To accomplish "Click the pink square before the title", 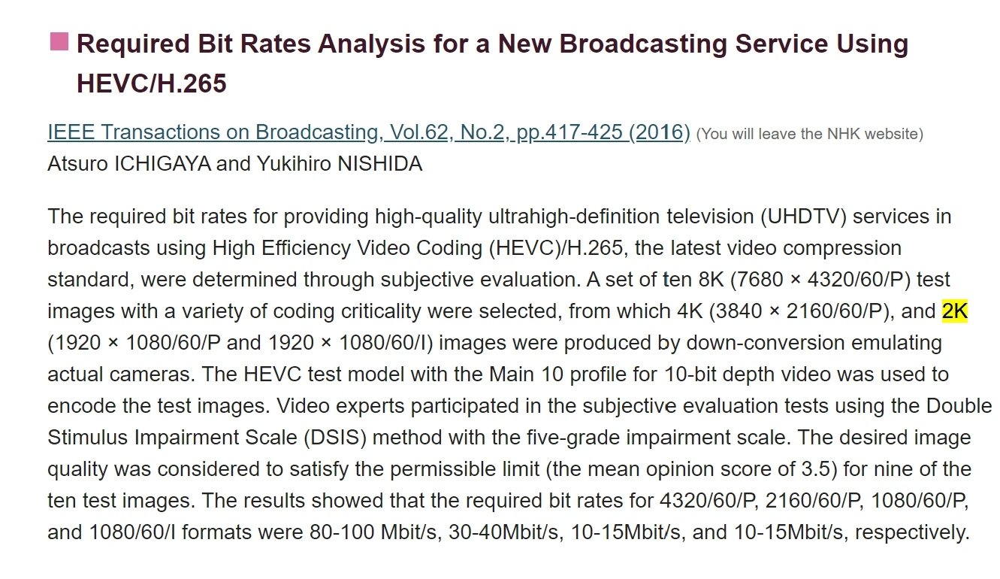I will coord(59,41).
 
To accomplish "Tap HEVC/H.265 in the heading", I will coord(151,83).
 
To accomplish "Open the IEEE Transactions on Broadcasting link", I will coord(368,132).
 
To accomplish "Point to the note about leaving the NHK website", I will coord(809,135).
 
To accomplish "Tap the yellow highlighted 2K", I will coord(955,311).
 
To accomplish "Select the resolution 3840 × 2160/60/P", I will coord(804,311).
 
